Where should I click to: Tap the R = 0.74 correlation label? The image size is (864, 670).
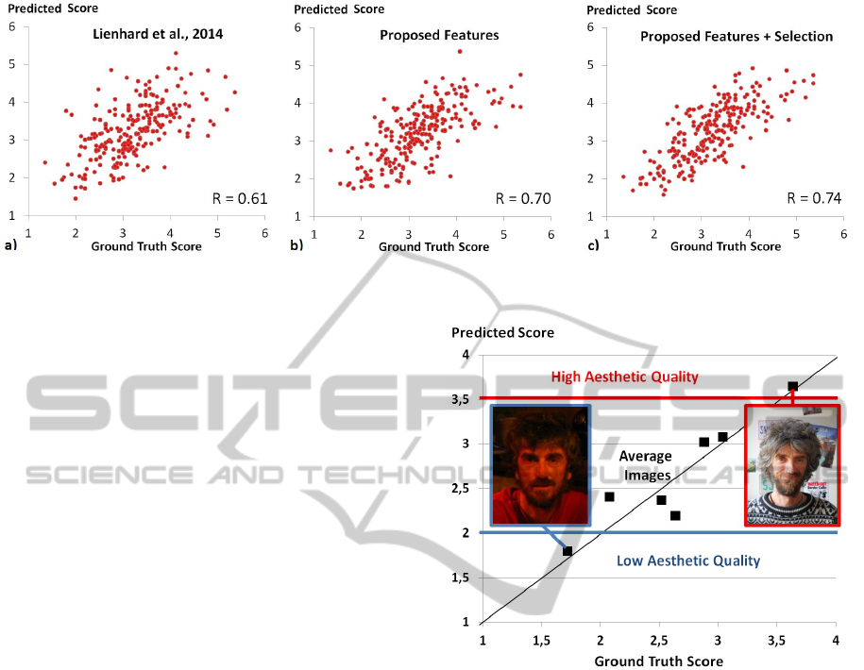tap(815, 198)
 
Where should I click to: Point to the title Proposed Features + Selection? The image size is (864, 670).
tap(737, 37)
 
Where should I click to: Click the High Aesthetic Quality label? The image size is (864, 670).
tap(624, 377)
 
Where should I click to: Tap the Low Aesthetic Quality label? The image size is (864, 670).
tap(687, 561)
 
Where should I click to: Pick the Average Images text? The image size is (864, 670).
tap(646, 464)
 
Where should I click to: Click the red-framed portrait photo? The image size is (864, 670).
tap(791, 465)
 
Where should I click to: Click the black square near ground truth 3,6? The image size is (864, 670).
tap(792, 386)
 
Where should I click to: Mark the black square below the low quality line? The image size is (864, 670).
tap(568, 551)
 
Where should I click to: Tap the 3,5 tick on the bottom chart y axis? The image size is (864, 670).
tap(461, 399)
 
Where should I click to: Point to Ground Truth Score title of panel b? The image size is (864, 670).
tap(433, 247)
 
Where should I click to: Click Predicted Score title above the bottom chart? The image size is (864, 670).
tap(502, 333)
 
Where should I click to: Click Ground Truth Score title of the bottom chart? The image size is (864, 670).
tap(658, 661)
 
